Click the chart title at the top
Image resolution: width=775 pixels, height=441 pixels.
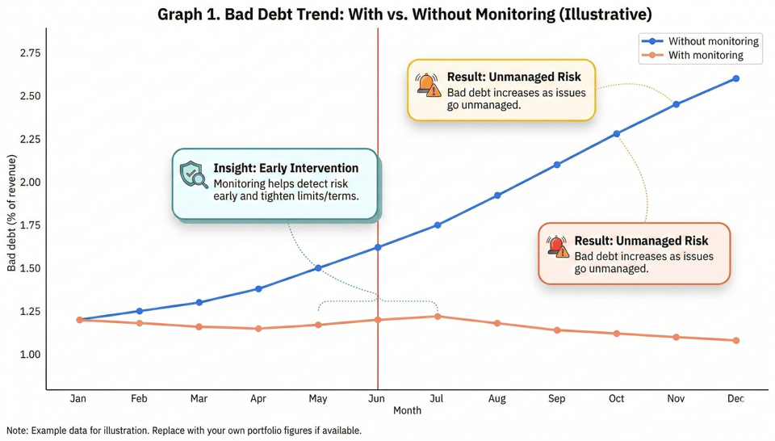tap(404, 15)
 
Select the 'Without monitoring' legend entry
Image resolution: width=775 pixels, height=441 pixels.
tap(713, 41)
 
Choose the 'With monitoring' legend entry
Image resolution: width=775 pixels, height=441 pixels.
tap(706, 56)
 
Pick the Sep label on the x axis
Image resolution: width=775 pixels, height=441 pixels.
tap(557, 399)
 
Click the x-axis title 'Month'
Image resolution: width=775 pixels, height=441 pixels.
tap(407, 411)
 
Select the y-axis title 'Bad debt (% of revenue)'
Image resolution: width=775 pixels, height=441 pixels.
tap(12, 213)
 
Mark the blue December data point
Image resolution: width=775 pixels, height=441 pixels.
tap(736, 79)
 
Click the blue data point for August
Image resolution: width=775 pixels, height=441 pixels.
tap(497, 195)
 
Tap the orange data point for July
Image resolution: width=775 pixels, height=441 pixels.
tap(438, 317)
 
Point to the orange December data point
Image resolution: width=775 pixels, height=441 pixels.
tap(736, 341)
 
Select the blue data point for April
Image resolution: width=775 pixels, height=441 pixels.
tap(258, 288)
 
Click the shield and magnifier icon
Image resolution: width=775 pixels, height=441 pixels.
tap(194, 174)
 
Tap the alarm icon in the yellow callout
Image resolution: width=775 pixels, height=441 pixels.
tap(428, 84)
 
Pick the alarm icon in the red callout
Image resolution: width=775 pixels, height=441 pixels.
tap(557, 246)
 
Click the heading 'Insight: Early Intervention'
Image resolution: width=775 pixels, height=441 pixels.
tap(286, 169)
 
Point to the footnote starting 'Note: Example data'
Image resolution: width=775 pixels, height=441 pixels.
tap(184, 431)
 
